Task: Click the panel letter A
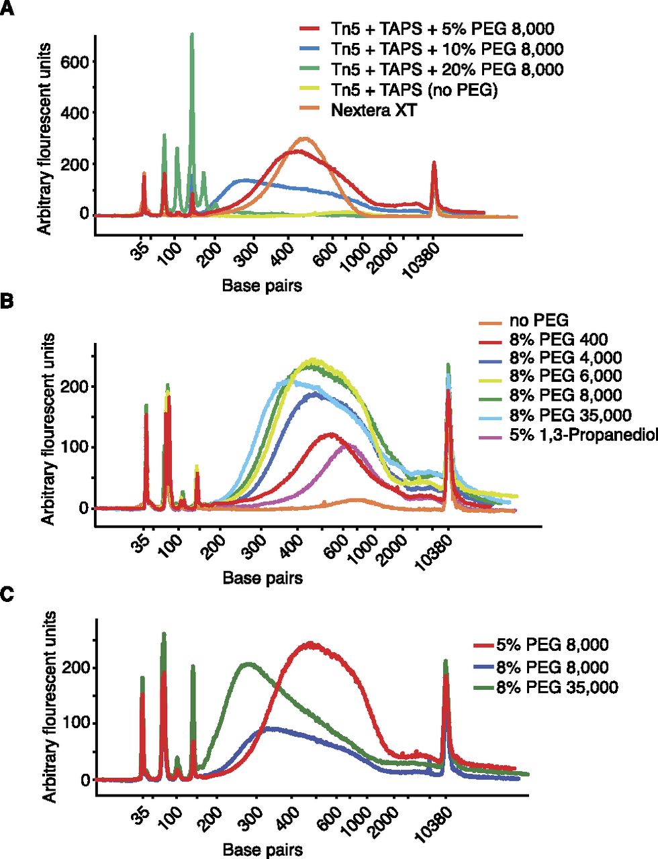point(7,8)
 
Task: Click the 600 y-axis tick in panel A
point(75,62)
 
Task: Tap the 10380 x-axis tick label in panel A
point(422,261)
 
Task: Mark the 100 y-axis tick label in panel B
point(76,447)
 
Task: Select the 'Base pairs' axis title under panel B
point(263,578)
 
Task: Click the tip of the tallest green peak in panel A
point(192,34)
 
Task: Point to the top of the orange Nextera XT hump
point(303,138)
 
